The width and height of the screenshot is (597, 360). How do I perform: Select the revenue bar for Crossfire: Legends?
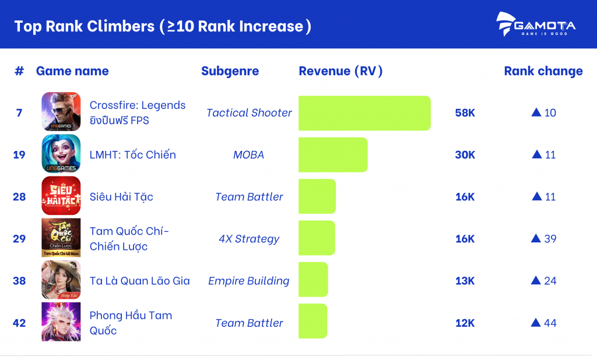(364, 113)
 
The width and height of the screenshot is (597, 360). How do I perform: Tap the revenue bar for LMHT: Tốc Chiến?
(333, 155)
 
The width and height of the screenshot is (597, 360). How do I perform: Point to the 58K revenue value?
(465, 113)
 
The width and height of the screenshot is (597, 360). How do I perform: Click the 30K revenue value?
(465, 155)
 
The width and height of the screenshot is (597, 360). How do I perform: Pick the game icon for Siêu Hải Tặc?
(61, 196)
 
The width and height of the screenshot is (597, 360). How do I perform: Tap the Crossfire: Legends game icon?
(61, 112)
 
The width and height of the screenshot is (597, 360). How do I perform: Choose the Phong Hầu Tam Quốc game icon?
(61, 322)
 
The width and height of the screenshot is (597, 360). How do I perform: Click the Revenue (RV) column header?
(340, 71)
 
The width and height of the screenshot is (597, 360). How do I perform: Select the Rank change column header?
(543, 71)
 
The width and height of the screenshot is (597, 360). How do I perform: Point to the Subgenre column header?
(230, 71)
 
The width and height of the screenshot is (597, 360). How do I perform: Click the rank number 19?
(19, 155)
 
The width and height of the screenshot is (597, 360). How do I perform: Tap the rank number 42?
(19, 323)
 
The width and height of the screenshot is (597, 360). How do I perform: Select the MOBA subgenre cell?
(248, 155)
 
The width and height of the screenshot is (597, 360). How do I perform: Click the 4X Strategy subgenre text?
(249, 239)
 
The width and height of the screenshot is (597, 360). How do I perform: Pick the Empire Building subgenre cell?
(249, 281)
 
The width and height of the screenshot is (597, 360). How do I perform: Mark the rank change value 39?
(549, 239)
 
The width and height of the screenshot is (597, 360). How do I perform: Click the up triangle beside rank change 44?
(536, 322)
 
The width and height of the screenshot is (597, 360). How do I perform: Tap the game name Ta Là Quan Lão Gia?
(139, 281)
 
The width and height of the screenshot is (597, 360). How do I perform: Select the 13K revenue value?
(465, 281)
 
